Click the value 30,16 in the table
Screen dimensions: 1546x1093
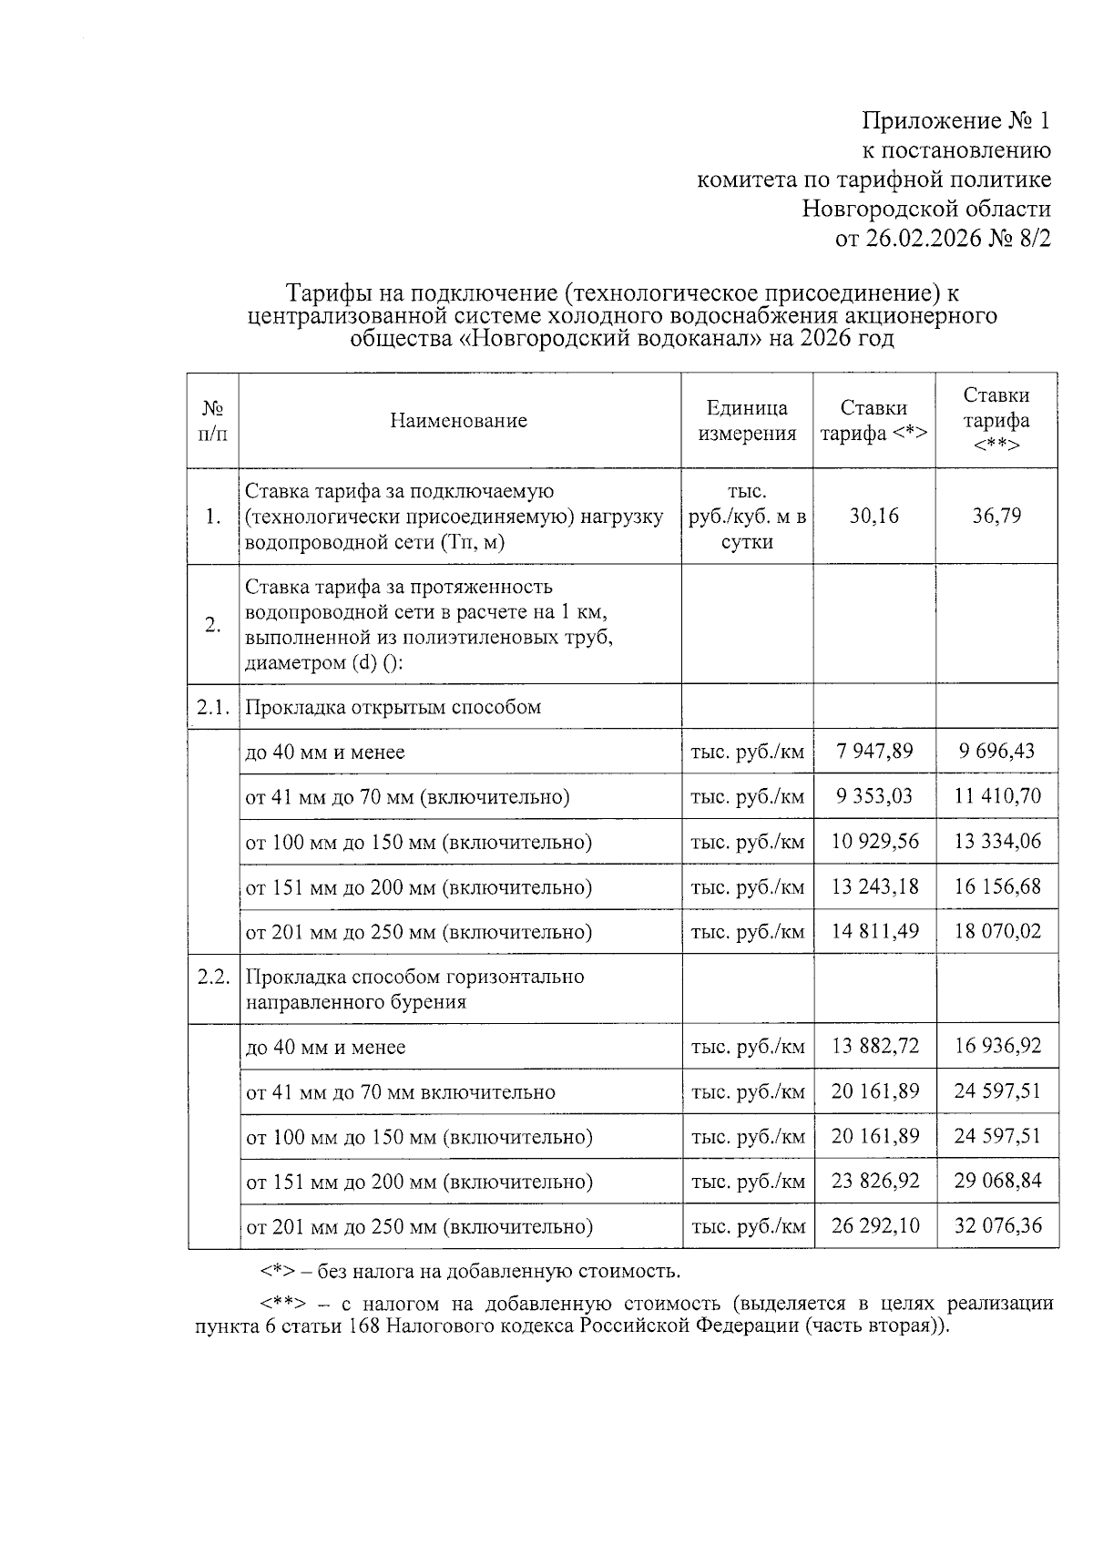(873, 517)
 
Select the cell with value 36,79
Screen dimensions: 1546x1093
(996, 517)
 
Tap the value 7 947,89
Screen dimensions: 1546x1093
(873, 752)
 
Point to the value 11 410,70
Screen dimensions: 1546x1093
(996, 796)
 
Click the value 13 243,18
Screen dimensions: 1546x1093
(873, 886)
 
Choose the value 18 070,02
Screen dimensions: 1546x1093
(996, 931)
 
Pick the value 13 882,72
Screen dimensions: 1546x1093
(873, 1046)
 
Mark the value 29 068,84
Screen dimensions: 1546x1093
(996, 1181)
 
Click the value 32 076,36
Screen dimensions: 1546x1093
(996, 1225)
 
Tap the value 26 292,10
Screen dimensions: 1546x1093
(873, 1225)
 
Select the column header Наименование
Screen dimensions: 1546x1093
(458, 421)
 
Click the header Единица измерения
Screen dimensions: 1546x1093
(747, 421)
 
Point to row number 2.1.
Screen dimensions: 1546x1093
(212, 707)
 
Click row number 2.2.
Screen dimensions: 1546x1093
(212, 977)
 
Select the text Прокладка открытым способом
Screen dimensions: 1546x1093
(393, 707)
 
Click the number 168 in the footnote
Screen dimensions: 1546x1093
(363, 1326)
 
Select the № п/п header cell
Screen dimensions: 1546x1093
(212, 421)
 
